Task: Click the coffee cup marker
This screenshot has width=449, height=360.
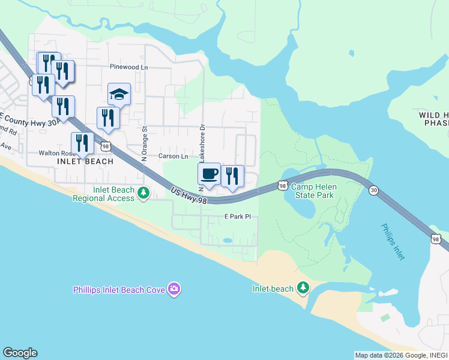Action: [x=209, y=175]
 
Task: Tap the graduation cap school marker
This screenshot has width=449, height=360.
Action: [x=119, y=95]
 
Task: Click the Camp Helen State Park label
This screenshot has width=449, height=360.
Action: [x=313, y=191]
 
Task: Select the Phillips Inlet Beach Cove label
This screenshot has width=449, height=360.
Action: [x=119, y=290]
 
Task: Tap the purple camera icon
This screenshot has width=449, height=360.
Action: [x=174, y=289]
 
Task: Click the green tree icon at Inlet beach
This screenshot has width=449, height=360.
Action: [x=304, y=288]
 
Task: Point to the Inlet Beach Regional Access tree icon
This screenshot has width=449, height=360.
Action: [x=143, y=193]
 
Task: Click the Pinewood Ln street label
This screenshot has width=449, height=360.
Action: [x=128, y=67]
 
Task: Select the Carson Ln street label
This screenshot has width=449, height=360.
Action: [x=173, y=156]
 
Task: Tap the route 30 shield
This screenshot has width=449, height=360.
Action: [x=374, y=190]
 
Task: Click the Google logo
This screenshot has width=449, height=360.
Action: [x=20, y=353]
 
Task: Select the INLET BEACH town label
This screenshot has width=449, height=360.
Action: [x=85, y=162]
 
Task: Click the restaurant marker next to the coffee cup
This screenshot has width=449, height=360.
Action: [x=232, y=176]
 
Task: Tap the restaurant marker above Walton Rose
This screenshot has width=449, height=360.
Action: [x=82, y=143]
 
